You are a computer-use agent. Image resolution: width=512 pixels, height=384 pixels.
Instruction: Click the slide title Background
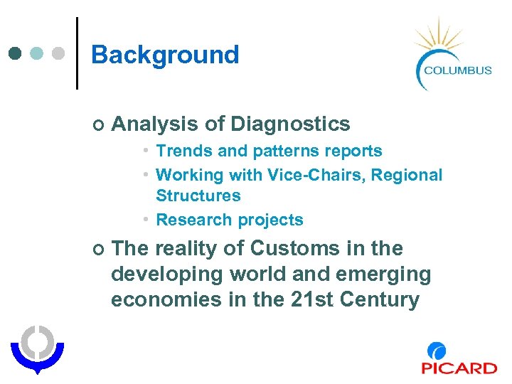(165, 55)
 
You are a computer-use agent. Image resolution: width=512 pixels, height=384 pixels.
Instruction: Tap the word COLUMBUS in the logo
(457, 70)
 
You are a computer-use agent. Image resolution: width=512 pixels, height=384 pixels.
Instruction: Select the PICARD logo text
(459, 368)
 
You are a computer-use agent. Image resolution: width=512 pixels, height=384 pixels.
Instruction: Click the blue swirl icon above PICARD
(437, 351)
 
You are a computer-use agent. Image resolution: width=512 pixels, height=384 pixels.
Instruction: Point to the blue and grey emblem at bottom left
(37, 348)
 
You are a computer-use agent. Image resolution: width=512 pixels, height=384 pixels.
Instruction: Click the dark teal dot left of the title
(15, 53)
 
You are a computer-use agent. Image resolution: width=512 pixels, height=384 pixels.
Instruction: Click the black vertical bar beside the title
(77, 53)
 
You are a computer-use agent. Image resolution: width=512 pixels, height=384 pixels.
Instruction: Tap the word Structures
(198, 196)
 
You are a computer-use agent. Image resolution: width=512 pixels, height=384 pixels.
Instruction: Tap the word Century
(380, 299)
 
